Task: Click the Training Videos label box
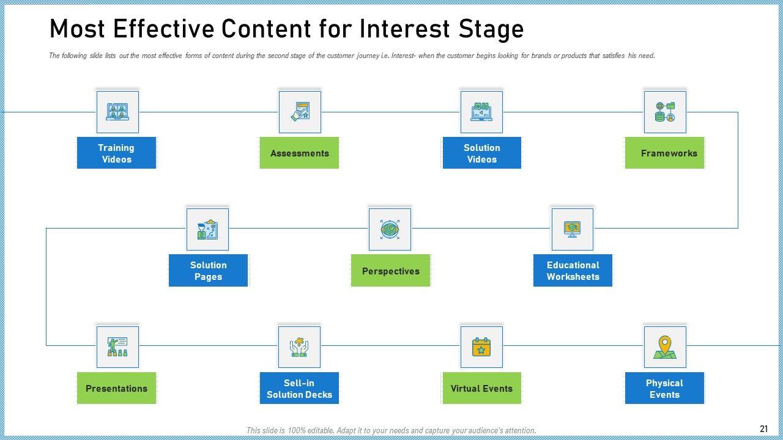pyautogui.click(x=116, y=153)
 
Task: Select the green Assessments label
pyautogui.click(x=299, y=153)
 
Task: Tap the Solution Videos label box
pyautogui.click(x=481, y=153)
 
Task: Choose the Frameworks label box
pyautogui.click(x=664, y=153)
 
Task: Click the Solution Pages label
pyautogui.click(x=209, y=270)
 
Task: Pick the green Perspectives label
pyautogui.click(x=390, y=270)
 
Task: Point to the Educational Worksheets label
pyautogui.click(x=573, y=270)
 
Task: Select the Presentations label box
pyautogui.click(x=116, y=388)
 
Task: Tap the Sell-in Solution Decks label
pyautogui.click(x=299, y=388)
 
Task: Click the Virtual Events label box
pyautogui.click(x=481, y=388)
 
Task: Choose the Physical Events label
pyautogui.click(x=664, y=388)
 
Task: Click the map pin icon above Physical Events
pyautogui.click(x=665, y=347)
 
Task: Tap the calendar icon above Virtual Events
pyautogui.click(x=481, y=347)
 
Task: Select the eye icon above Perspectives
pyautogui.click(x=390, y=229)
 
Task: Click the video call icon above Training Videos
pyautogui.click(x=117, y=112)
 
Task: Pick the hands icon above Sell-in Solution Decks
pyautogui.click(x=299, y=347)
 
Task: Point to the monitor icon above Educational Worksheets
pyautogui.click(x=572, y=229)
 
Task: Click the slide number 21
pyautogui.click(x=764, y=429)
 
